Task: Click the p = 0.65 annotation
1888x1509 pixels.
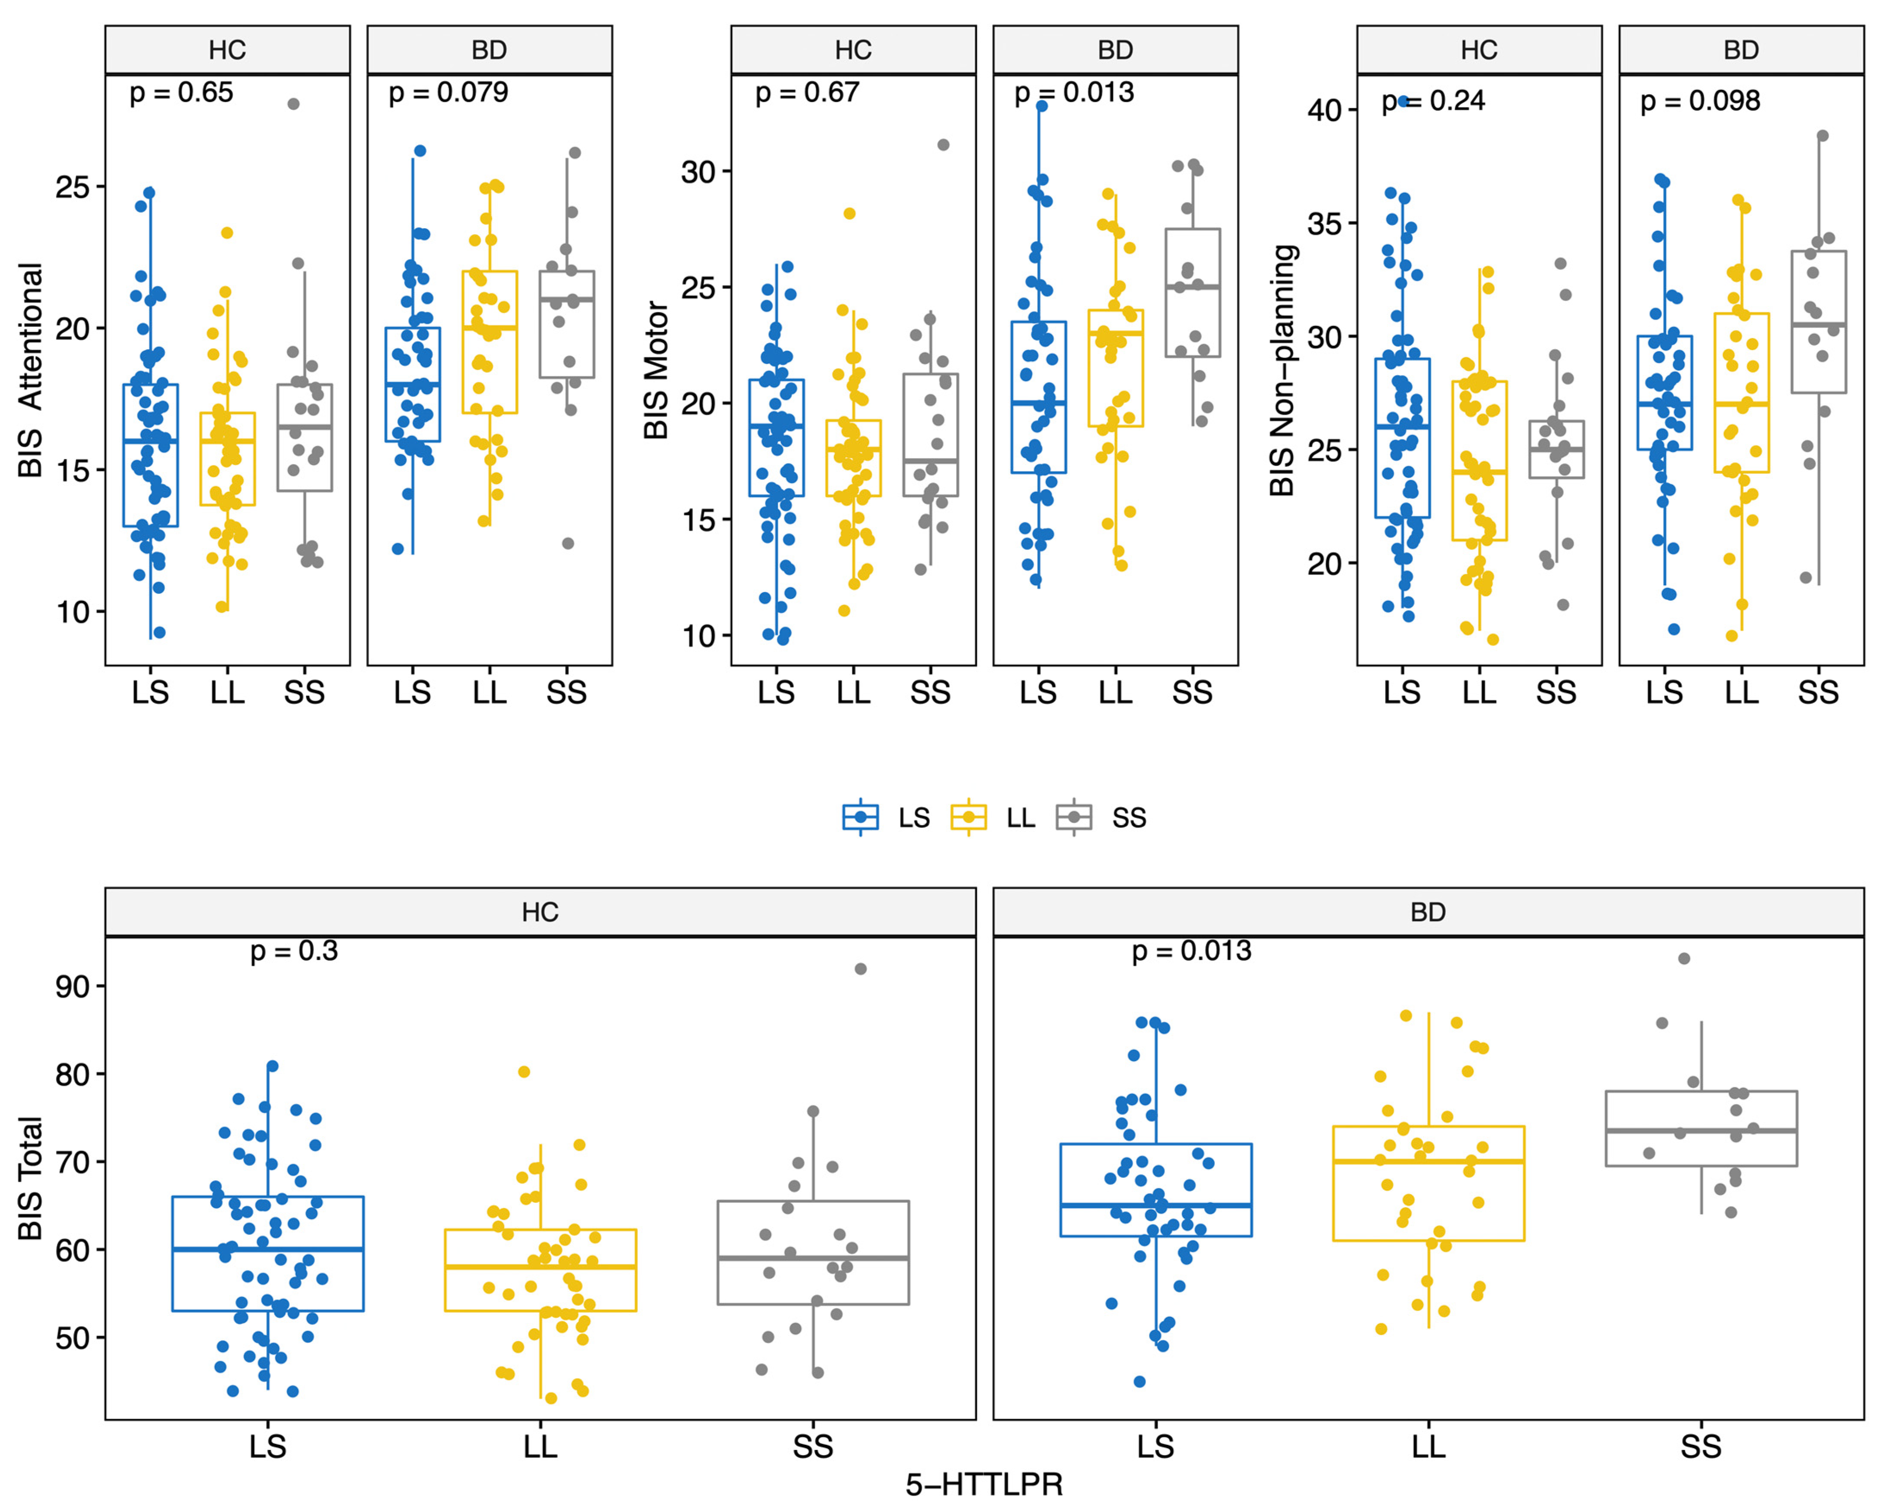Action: pyautogui.click(x=181, y=93)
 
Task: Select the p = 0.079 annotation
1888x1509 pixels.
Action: pyautogui.click(x=447, y=93)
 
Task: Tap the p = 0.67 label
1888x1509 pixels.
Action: pyautogui.click(x=807, y=93)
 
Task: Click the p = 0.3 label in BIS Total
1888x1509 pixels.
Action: pyautogui.click(x=293, y=951)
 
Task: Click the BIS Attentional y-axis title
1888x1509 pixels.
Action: pyautogui.click(x=31, y=369)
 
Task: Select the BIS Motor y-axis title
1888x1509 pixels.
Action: pyautogui.click(x=657, y=369)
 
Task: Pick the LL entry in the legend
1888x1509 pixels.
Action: pyautogui.click(x=993, y=817)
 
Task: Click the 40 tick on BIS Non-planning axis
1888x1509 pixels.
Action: pyautogui.click(x=1324, y=110)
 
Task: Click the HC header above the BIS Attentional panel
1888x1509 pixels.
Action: pyautogui.click(x=227, y=50)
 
